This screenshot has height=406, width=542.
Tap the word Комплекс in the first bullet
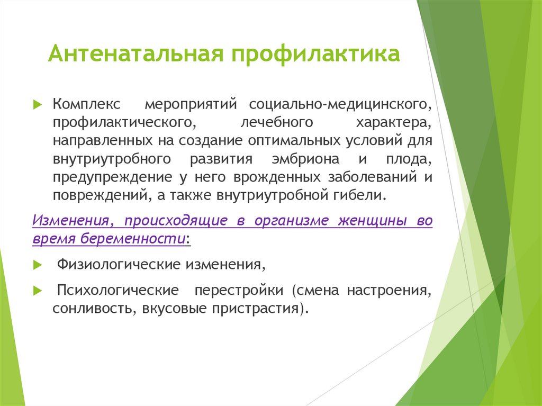86,103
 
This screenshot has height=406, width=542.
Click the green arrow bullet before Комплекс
37,104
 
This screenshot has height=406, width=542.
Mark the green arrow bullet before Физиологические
37,264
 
